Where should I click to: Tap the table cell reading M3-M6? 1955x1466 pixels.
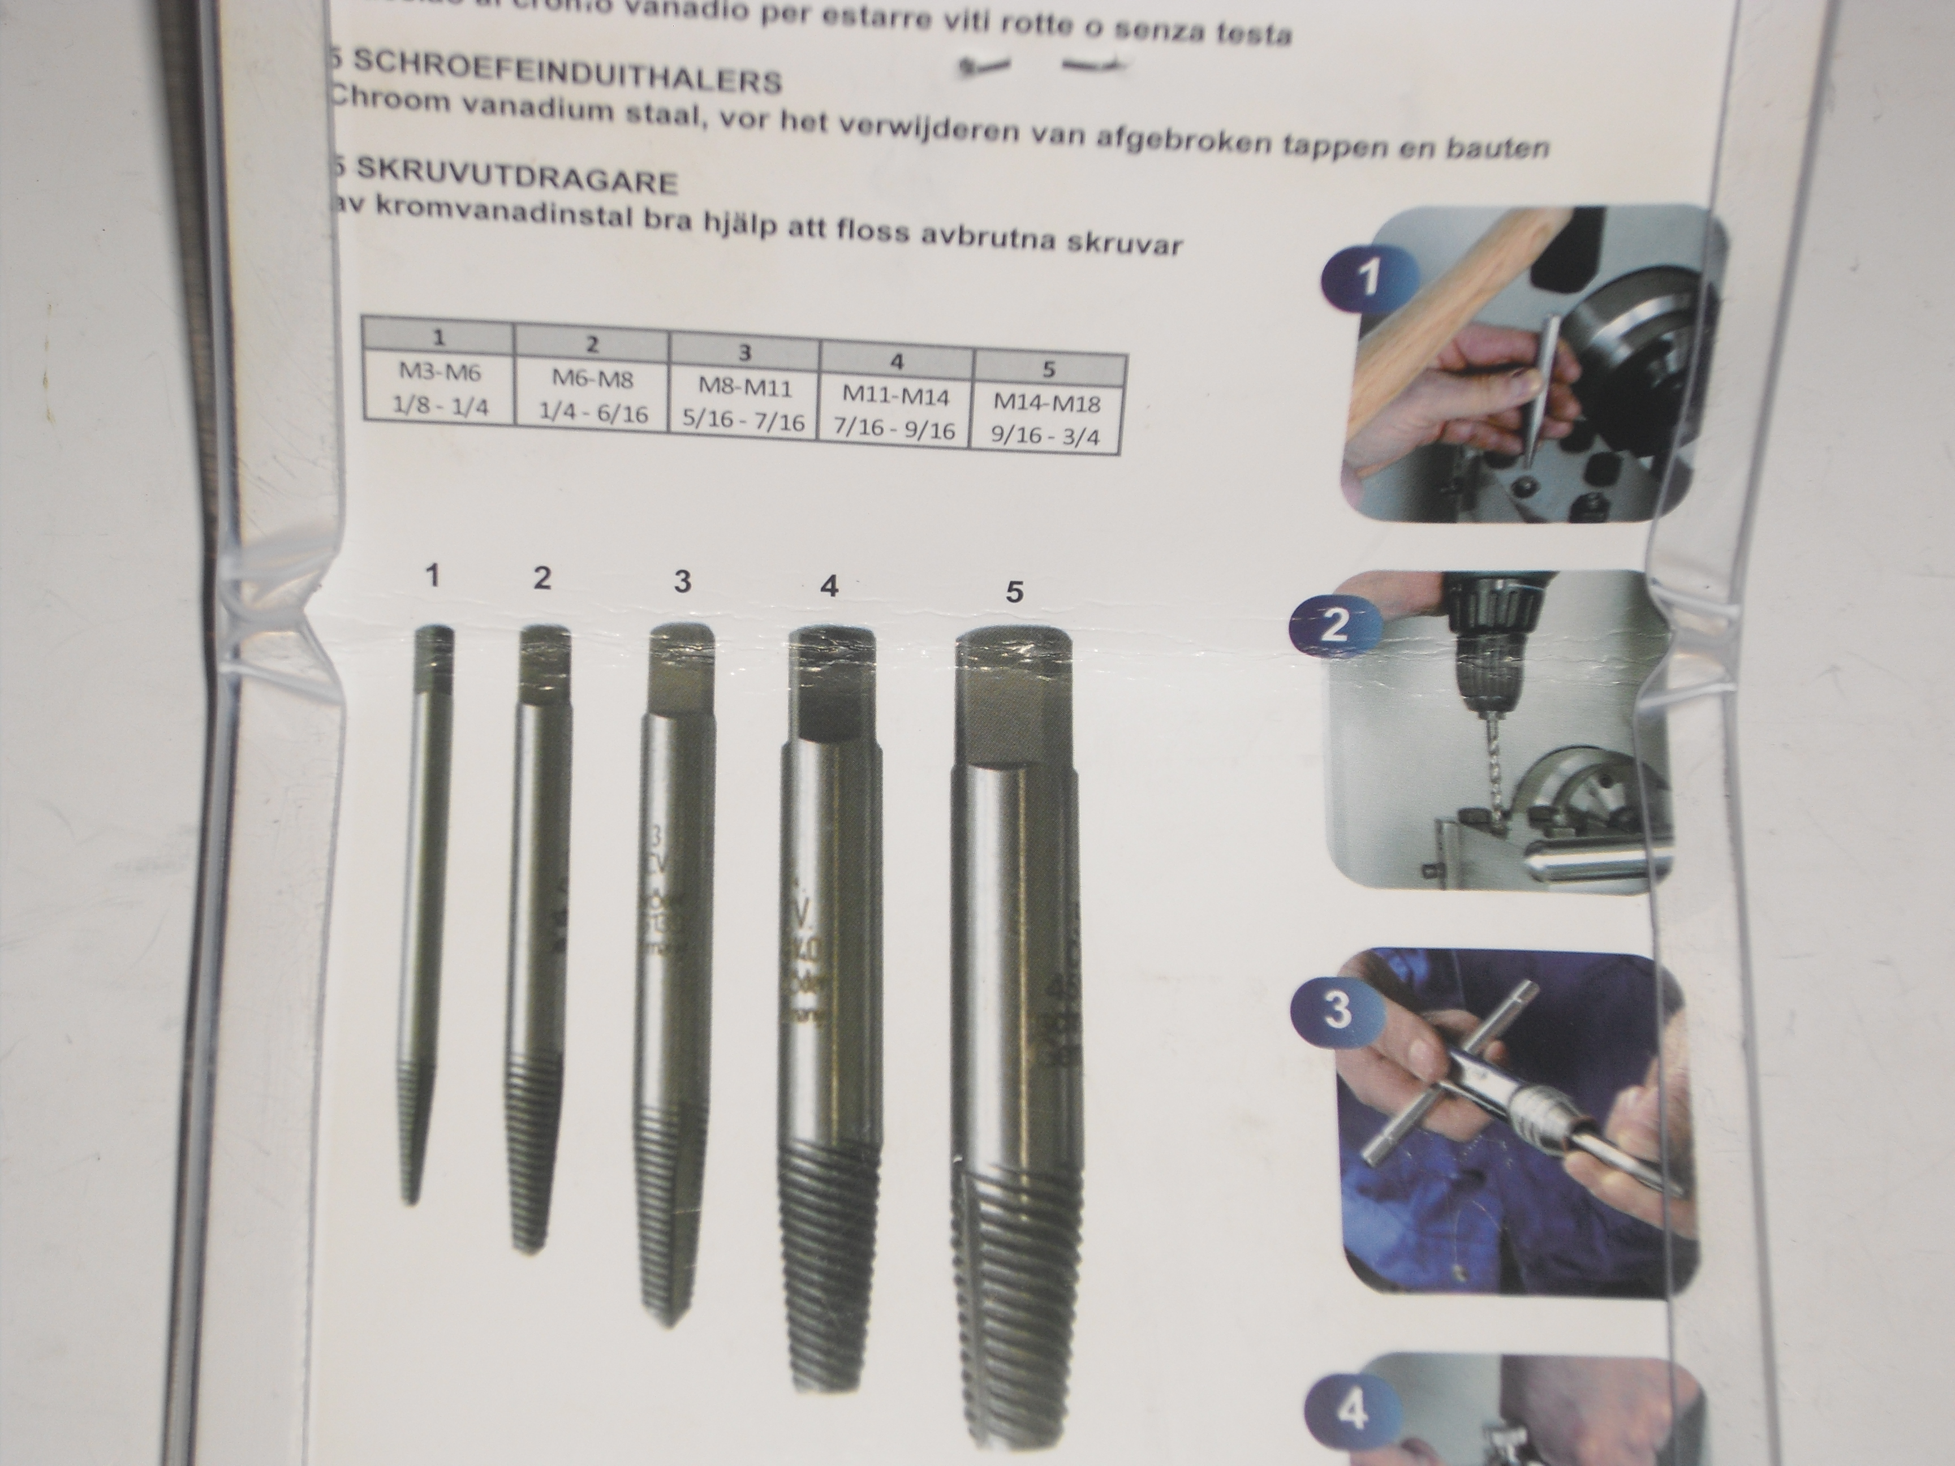pyautogui.click(x=440, y=374)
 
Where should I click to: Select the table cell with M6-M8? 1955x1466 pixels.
pyautogui.click(x=592, y=381)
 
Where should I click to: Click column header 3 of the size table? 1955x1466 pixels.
pyautogui.click(x=745, y=352)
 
